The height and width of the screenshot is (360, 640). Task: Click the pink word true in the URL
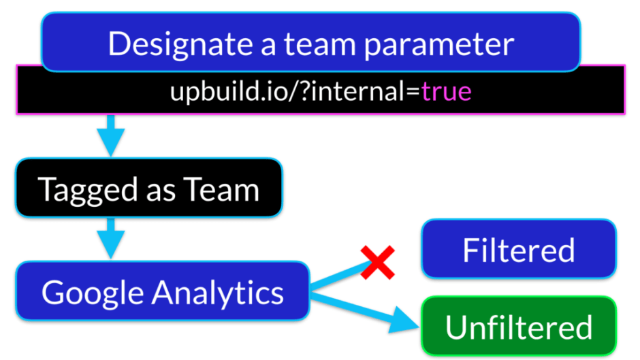[446, 91]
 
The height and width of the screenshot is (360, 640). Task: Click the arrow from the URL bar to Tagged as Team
[110, 135]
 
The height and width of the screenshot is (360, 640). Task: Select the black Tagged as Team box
[148, 189]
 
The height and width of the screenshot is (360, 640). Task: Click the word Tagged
[84, 189]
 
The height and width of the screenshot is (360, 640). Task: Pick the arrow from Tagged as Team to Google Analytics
[110, 238]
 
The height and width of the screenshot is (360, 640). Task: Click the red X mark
[379, 262]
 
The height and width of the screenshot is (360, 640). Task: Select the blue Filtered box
[519, 249]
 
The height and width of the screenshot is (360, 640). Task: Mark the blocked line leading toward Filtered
[337, 277]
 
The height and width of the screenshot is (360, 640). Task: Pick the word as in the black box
[157, 189]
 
